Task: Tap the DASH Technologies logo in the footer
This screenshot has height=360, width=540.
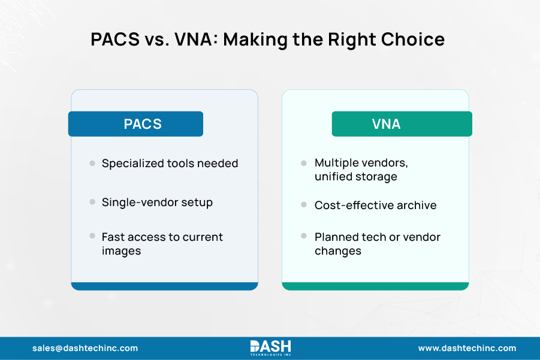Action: coord(270,348)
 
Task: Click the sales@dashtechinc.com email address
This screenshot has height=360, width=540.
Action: coord(85,348)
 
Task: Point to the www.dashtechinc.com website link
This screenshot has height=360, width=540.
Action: coord(466,348)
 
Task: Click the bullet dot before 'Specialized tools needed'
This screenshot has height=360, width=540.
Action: coord(92,163)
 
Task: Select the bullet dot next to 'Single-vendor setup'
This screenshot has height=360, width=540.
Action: coord(92,202)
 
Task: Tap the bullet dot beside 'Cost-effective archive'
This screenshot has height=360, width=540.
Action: coord(304,205)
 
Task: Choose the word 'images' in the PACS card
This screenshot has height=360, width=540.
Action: coord(121,250)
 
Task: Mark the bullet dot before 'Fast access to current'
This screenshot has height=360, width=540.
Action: coord(92,237)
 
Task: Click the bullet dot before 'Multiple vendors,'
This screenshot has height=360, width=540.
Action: coord(304,163)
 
